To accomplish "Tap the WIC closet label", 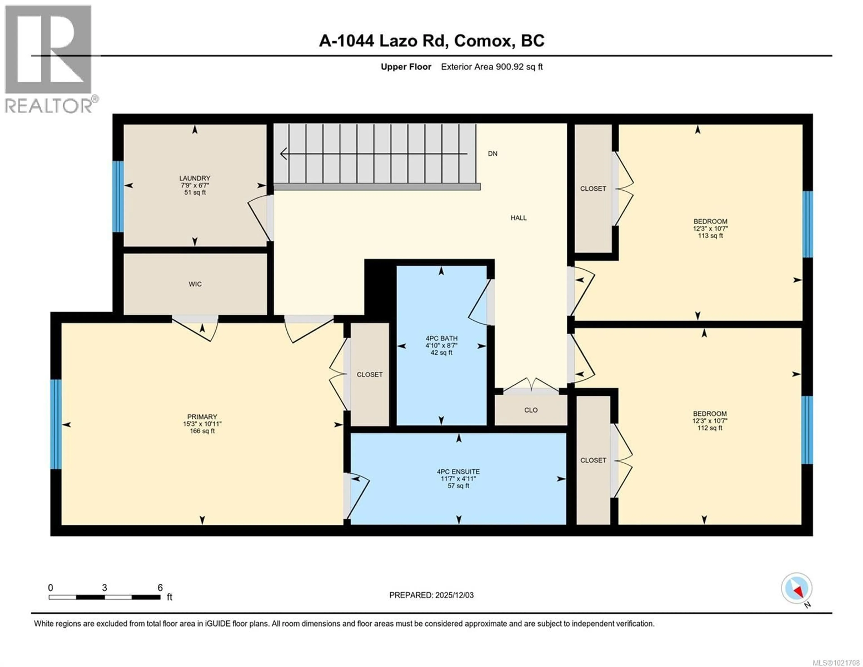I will tap(195, 284).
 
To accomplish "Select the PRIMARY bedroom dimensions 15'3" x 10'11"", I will tap(202, 424).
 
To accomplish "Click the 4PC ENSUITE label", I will tap(458, 472).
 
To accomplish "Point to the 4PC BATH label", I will tap(441, 338).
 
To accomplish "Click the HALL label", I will tap(518, 218).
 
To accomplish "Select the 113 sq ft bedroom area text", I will tap(710, 236).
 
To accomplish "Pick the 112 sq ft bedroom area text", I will tap(710, 428).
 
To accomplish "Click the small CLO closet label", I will tap(531, 410).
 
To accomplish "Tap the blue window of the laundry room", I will tap(118, 196).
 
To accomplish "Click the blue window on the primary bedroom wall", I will tap(56, 424).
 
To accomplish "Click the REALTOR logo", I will tap(49, 59).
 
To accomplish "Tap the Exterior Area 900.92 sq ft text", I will tap(492, 67).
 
